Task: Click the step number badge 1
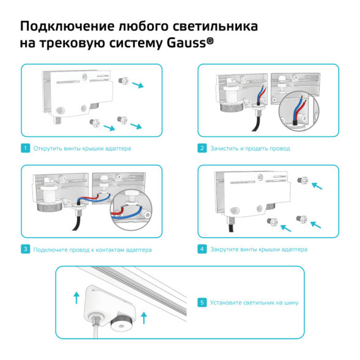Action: tap(25, 149)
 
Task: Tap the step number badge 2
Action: tap(202, 149)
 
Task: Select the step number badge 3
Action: tap(25, 249)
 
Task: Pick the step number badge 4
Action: tap(202, 249)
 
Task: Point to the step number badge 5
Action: tap(202, 302)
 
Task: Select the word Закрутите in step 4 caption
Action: tap(224, 249)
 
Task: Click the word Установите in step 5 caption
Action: tap(226, 302)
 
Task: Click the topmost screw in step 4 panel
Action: tap(300, 180)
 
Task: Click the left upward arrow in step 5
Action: tap(76, 297)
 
